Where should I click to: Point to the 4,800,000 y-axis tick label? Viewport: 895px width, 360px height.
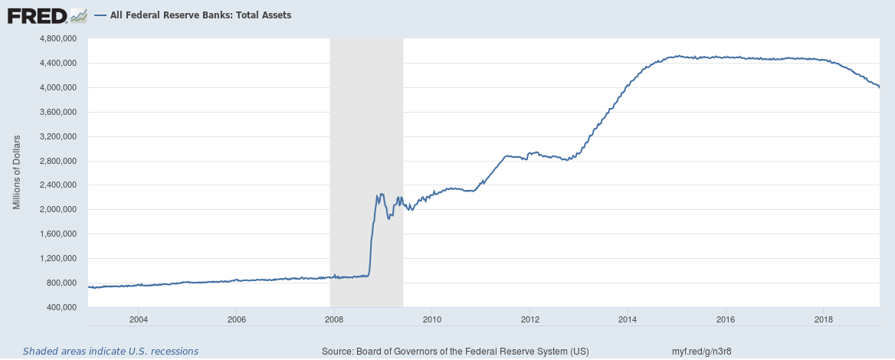point(59,38)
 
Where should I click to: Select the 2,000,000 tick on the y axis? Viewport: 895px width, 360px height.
point(59,209)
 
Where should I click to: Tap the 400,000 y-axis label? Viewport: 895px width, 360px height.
point(62,307)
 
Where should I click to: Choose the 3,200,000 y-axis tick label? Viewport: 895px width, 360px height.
point(59,136)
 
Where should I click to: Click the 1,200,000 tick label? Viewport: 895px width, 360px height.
point(59,258)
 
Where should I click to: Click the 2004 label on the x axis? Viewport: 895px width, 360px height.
point(139,319)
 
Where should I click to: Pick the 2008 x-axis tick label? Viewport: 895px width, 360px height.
point(334,319)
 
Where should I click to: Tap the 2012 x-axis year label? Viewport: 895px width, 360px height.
point(530,319)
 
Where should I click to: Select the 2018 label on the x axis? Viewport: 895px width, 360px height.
point(824,319)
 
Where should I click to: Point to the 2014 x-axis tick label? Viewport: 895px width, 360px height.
point(628,319)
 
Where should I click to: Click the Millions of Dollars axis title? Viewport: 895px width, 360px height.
point(16,172)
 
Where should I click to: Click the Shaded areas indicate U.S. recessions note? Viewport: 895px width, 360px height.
point(110,352)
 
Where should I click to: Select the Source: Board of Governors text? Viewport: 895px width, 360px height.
point(455,352)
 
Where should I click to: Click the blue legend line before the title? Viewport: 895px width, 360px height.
point(100,15)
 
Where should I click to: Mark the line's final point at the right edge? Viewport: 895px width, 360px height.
point(879,87)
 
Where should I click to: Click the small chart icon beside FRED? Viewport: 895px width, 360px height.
point(78,15)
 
